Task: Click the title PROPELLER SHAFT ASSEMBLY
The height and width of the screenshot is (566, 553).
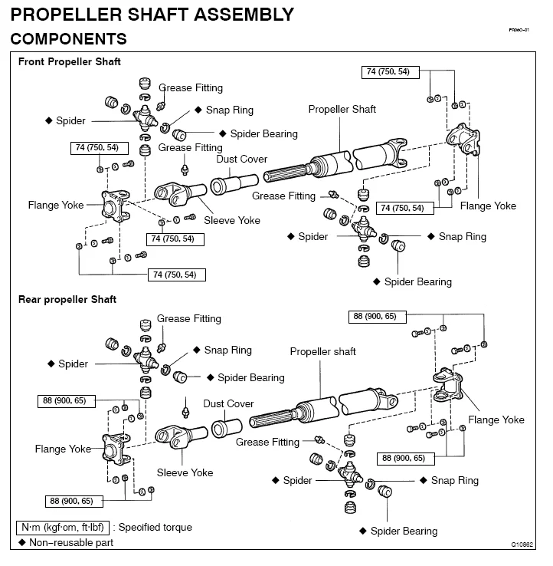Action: [x=152, y=14]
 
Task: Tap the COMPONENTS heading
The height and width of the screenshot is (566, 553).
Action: [x=68, y=38]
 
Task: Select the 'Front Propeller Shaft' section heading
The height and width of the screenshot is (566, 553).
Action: [x=70, y=62]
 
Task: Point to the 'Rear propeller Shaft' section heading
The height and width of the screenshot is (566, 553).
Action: [x=67, y=299]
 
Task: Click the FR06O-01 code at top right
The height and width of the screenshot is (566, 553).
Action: [x=519, y=30]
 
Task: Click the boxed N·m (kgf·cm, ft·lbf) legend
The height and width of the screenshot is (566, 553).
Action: [x=63, y=528]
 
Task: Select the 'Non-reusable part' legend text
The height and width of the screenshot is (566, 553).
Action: [x=71, y=542]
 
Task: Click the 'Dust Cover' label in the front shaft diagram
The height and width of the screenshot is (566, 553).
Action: [x=242, y=160]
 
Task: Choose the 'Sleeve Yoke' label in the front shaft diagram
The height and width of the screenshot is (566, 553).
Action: [x=232, y=220]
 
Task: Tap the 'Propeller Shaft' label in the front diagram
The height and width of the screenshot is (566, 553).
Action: [x=342, y=110]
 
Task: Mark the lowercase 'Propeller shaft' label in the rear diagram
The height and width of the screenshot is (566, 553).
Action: [x=322, y=352]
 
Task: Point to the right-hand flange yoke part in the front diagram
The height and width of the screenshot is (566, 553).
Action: [x=465, y=140]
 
